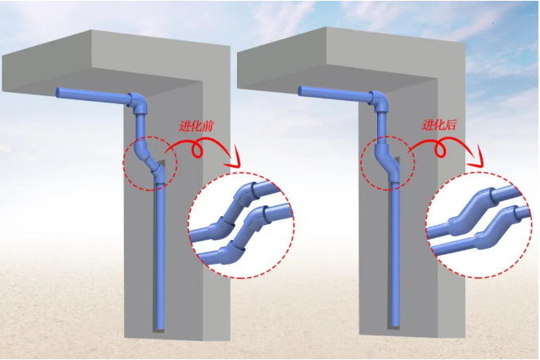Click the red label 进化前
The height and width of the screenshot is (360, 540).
196,126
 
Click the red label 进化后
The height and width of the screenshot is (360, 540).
439,125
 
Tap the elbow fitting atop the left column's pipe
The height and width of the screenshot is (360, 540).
138,103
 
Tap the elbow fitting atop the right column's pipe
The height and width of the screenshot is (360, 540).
379,101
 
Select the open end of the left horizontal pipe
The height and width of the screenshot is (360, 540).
58,92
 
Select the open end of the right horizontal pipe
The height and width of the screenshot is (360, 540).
301,91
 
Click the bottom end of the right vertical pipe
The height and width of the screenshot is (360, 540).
395,323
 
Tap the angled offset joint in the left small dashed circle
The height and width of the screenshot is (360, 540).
149,158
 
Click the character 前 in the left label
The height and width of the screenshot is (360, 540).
208,126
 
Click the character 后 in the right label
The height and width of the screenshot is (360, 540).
451,125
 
